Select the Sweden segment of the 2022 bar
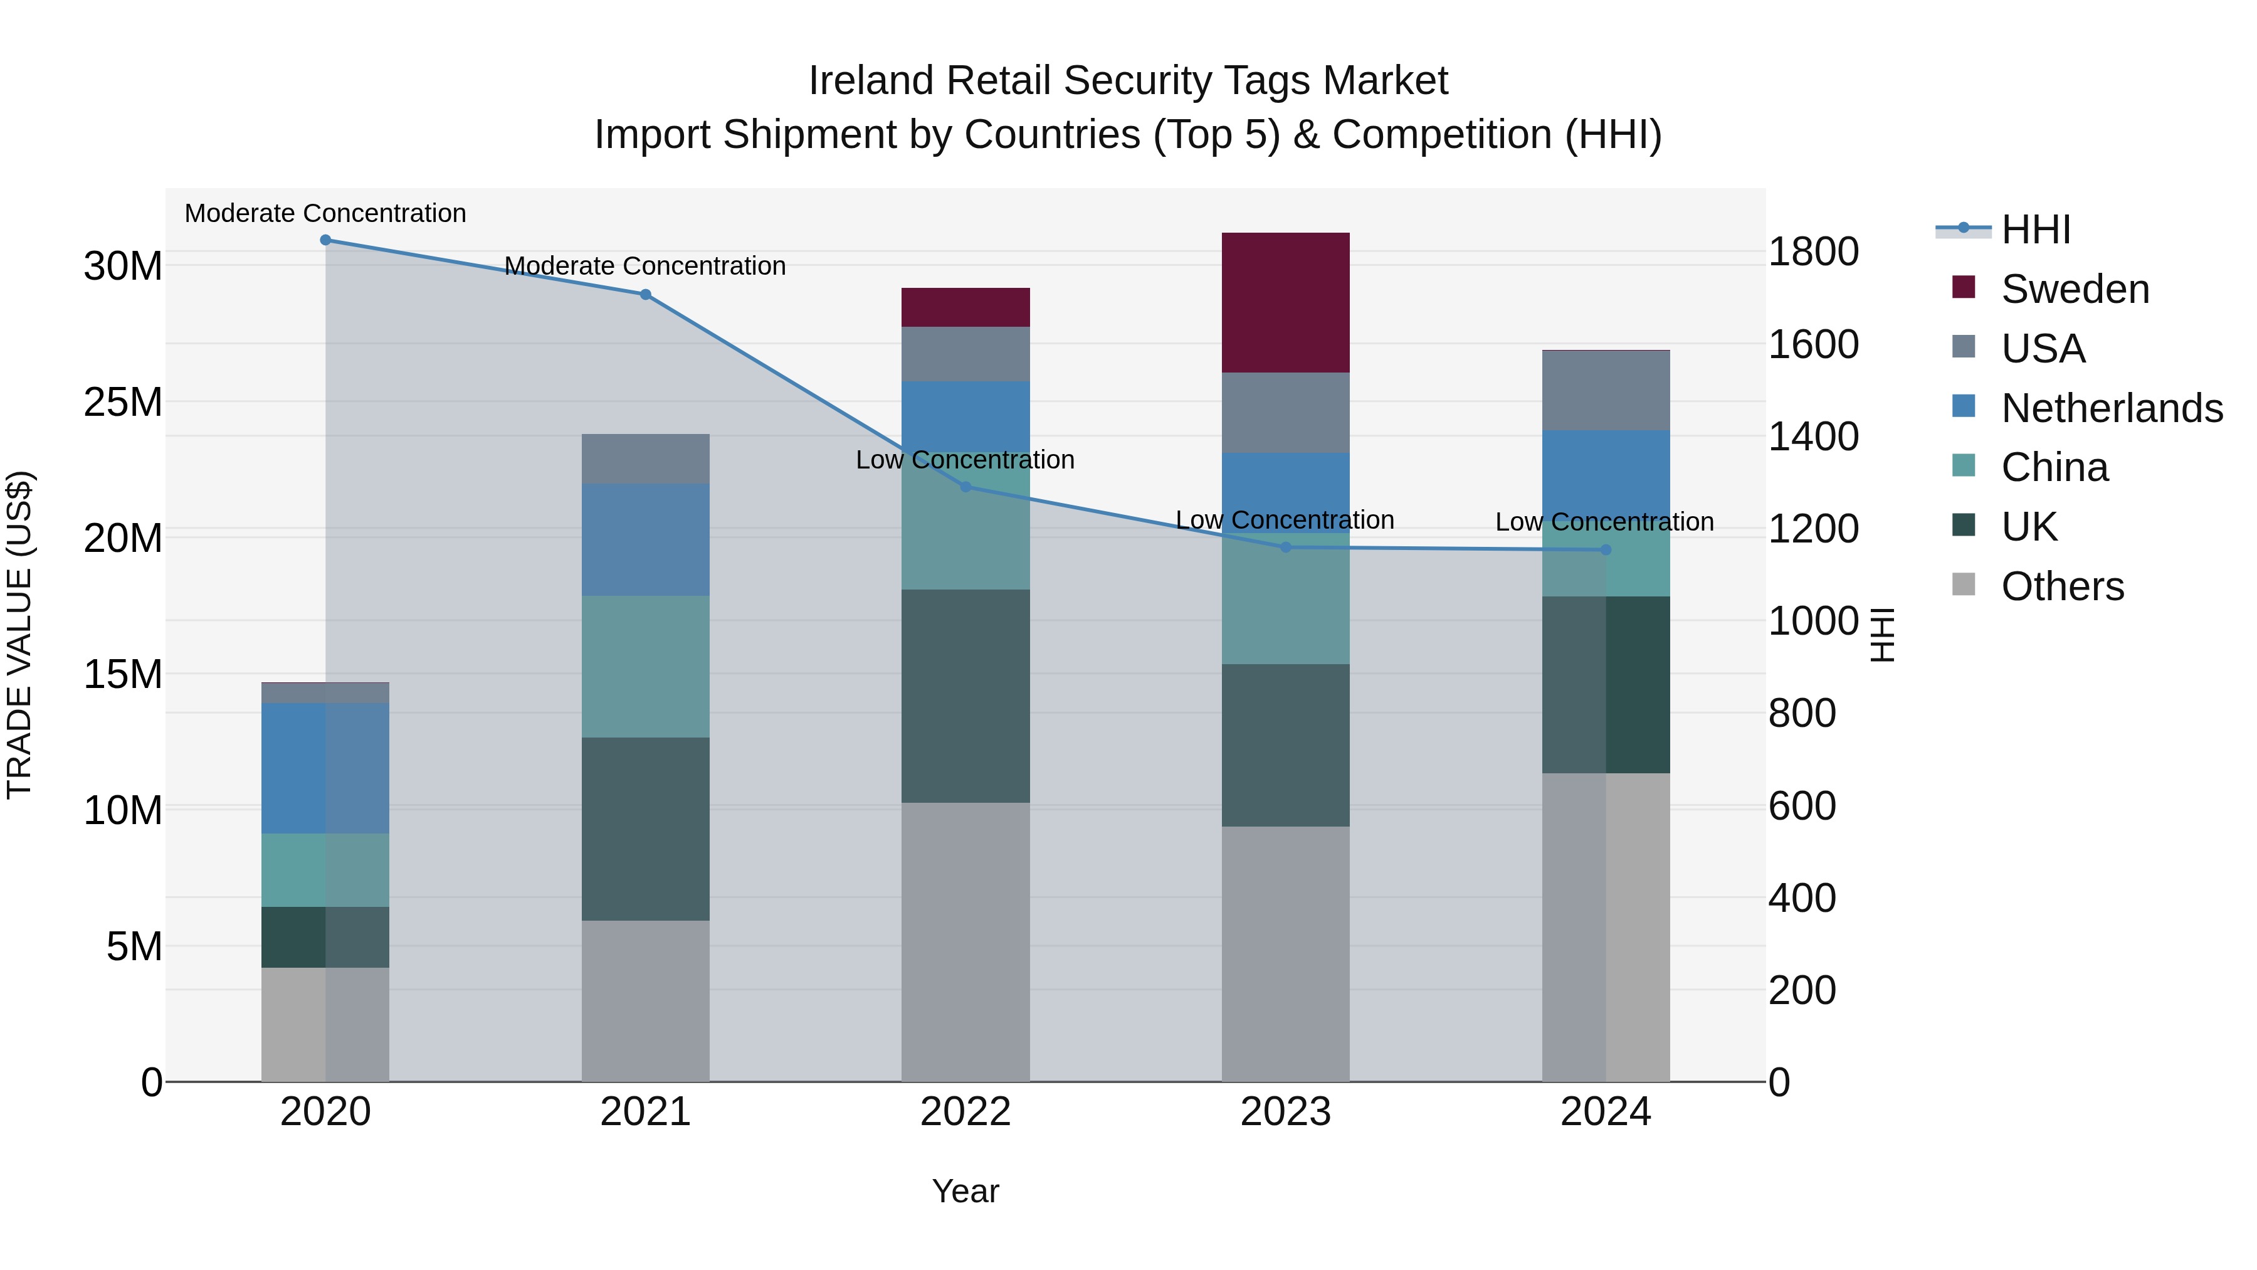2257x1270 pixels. click(x=965, y=307)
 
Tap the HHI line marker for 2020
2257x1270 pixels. click(x=325, y=240)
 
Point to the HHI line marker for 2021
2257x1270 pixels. click(x=646, y=295)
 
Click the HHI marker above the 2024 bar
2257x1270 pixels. click(x=1606, y=551)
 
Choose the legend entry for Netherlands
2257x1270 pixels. click(x=2112, y=408)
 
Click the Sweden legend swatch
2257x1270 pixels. click(x=1964, y=287)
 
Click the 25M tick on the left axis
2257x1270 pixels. click(x=123, y=402)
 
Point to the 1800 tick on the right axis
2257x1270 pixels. click(x=1812, y=251)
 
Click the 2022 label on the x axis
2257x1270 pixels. click(x=965, y=1112)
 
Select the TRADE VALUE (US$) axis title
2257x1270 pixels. click(x=19, y=635)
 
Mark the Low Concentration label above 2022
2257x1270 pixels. click(x=965, y=460)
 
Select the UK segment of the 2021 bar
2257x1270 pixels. click(x=646, y=828)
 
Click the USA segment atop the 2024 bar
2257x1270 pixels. click(x=1606, y=390)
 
